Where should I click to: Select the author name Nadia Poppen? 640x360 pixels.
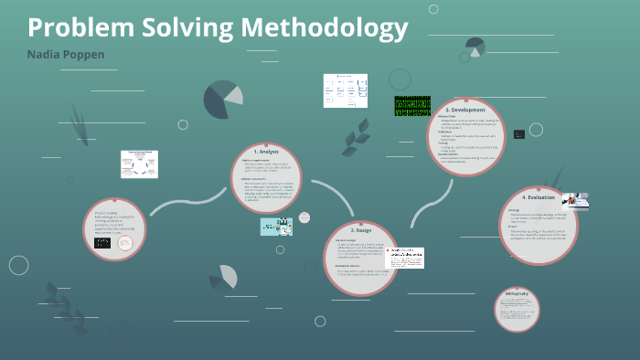coord(66,55)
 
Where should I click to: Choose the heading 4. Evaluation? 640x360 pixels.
coord(539,197)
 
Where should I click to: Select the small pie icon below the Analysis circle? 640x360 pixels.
coord(224,277)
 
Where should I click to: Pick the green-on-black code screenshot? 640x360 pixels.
coord(411,106)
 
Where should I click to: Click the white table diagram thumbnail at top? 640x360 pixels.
coord(346,90)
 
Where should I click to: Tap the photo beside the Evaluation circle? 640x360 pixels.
coord(574,200)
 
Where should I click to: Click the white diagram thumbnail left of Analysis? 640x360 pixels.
coord(139,164)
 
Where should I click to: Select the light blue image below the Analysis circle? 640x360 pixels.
coord(276,226)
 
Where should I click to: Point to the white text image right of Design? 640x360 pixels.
coord(404,258)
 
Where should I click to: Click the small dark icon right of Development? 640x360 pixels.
coord(518,134)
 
